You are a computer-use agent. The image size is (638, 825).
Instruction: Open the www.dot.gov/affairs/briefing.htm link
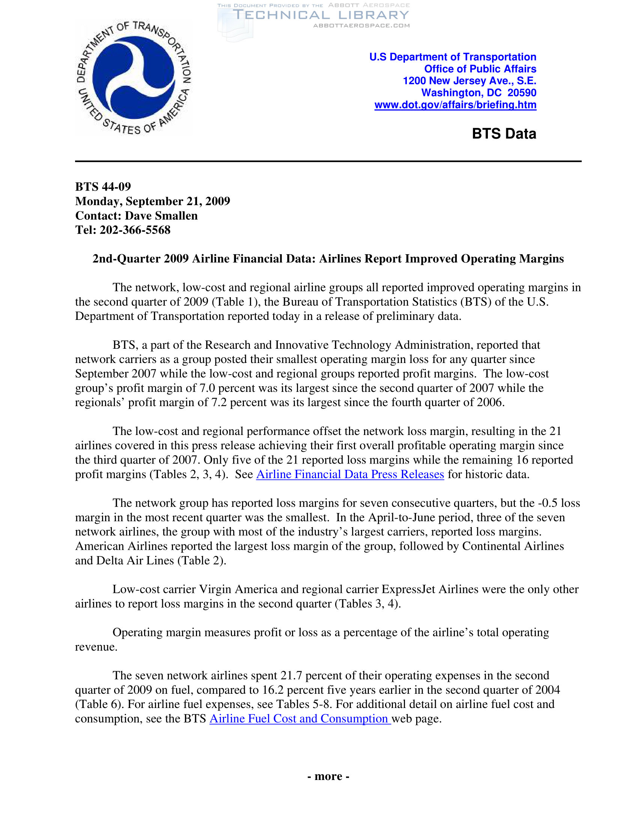point(455,105)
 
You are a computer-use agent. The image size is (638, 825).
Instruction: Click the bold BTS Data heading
point(504,134)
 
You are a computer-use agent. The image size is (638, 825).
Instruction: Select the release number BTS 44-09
point(103,187)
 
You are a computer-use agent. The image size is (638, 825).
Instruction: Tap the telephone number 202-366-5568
point(135,229)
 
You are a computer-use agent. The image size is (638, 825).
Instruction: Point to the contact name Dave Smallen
point(161,215)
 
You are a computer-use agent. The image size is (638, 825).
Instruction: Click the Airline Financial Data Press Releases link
point(350,474)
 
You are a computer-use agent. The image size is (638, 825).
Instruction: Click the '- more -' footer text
point(328,776)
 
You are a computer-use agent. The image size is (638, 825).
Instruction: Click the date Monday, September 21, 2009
point(153,201)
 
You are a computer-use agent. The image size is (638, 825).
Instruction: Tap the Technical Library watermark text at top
point(321,15)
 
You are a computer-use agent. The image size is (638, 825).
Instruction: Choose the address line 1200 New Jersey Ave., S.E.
point(469,81)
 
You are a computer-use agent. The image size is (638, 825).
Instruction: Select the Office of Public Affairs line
point(480,69)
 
